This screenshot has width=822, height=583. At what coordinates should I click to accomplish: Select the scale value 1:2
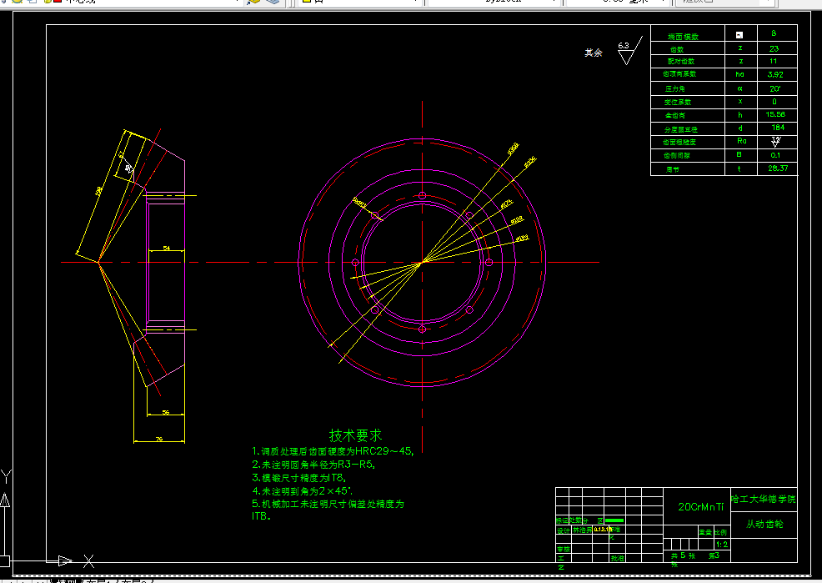click(x=721, y=545)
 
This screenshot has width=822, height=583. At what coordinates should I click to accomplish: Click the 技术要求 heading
click(x=355, y=435)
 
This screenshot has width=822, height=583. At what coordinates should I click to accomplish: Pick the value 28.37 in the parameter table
click(x=777, y=168)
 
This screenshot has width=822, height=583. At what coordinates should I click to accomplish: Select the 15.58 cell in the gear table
click(x=775, y=114)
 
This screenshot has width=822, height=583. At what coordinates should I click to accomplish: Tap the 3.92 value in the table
click(x=775, y=74)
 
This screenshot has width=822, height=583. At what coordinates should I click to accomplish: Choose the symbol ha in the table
click(x=739, y=74)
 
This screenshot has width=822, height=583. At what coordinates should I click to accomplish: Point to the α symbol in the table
click(x=739, y=88)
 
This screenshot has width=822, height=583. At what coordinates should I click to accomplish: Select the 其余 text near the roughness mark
click(x=593, y=53)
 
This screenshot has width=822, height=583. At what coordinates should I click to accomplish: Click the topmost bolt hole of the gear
click(x=423, y=196)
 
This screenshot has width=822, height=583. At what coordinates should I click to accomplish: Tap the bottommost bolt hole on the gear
click(x=423, y=330)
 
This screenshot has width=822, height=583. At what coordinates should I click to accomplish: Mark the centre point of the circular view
click(x=423, y=262)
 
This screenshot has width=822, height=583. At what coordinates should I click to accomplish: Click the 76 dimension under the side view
click(x=158, y=437)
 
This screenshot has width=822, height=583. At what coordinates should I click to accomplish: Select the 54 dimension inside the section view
click(x=166, y=248)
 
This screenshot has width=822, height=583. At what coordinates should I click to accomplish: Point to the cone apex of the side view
click(x=98, y=262)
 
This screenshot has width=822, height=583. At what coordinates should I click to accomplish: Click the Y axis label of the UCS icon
click(x=7, y=476)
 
